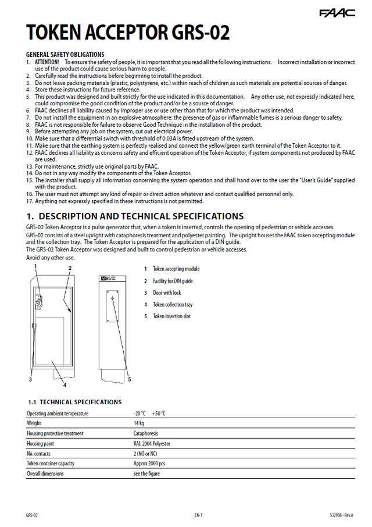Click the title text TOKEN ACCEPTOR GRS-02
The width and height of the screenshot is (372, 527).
point(128,33)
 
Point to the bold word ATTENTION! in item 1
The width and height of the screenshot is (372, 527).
point(47,62)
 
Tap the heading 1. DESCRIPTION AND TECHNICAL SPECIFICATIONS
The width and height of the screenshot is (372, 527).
point(135,216)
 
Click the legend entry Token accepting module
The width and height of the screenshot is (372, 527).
point(176,269)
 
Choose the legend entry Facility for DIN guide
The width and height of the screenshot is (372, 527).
point(173,281)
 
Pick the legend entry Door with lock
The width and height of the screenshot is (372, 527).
point(167,293)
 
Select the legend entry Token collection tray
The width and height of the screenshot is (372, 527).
point(173,305)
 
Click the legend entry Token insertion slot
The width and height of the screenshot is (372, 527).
point(171,316)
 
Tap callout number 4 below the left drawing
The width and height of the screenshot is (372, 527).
point(65,385)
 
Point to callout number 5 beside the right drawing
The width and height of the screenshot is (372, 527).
point(129,379)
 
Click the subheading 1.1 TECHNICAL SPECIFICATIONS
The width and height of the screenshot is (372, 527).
point(74,402)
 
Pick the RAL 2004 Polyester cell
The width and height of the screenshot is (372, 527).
point(152,443)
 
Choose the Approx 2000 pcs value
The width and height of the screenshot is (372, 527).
point(149,464)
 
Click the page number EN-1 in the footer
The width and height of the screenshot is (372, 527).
point(198,515)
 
